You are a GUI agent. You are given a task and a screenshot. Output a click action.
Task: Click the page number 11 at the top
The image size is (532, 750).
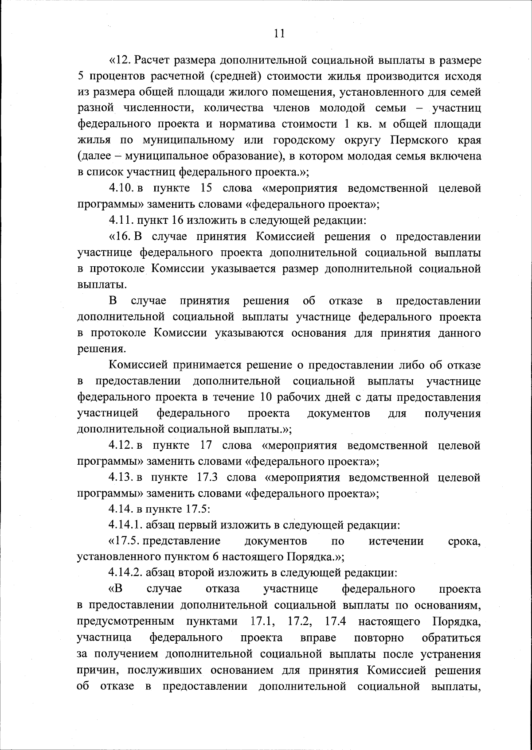tap(279, 34)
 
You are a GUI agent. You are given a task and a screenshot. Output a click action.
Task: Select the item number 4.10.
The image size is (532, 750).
tap(121, 188)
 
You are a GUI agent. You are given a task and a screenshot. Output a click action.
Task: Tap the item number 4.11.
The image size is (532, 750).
tap(121, 220)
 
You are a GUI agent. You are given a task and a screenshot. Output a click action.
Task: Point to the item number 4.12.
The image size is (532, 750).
tap(121, 445)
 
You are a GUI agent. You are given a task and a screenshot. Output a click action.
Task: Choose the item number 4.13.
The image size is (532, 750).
tap(121, 478)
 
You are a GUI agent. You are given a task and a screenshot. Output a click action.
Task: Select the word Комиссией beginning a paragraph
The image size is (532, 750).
tap(138, 365)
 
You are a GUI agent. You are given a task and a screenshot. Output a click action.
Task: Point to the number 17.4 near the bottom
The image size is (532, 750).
tap(336, 622)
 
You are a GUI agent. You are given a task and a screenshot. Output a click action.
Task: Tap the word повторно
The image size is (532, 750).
tap(379, 638)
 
